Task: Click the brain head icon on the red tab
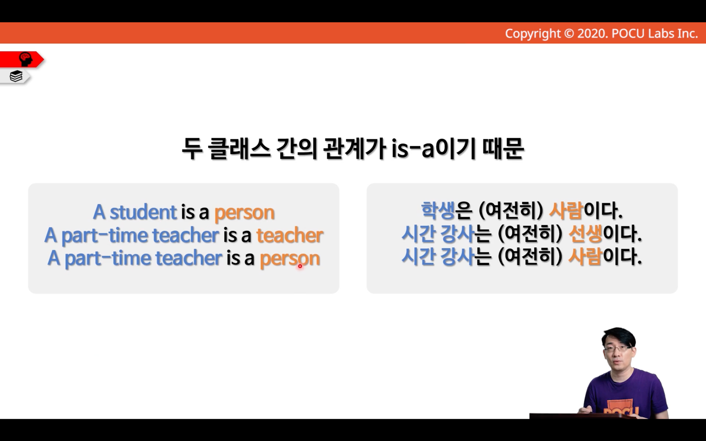pyautogui.click(x=26, y=59)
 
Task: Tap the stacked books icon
pyautogui.click(x=16, y=76)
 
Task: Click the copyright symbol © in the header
pyautogui.click(x=569, y=34)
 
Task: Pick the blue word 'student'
pyautogui.click(x=143, y=212)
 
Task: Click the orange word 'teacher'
pyautogui.click(x=290, y=235)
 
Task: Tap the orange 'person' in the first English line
pyautogui.click(x=245, y=213)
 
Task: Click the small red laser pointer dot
pyautogui.click(x=300, y=266)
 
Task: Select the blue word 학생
pyautogui.click(x=438, y=211)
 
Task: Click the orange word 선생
pyautogui.click(x=585, y=234)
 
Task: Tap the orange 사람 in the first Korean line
pyautogui.click(x=566, y=211)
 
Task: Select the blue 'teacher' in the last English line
pyautogui.click(x=189, y=259)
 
